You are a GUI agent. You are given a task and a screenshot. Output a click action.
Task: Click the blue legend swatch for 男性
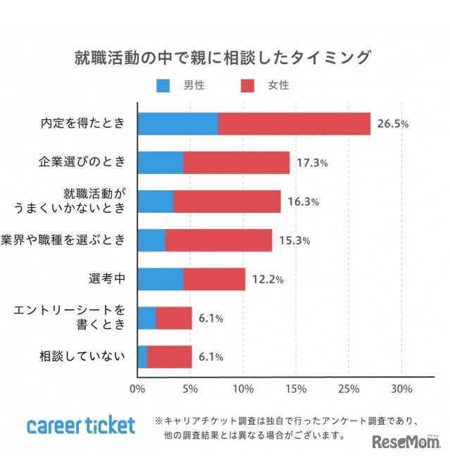(x=163, y=86)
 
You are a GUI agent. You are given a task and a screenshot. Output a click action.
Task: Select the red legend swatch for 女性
(x=247, y=86)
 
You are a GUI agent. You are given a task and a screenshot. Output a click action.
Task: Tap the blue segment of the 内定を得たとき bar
(x=177, y=124)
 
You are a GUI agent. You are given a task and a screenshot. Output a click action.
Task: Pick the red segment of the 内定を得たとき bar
(x=294, y=124)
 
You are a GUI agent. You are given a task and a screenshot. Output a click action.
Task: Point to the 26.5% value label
(x=393, y=124)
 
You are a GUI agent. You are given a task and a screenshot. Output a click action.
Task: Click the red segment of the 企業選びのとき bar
(x=237, y=163)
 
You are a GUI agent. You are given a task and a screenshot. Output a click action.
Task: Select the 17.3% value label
(x=312, y=163)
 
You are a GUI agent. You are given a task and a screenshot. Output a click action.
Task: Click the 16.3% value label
(x=303, y=202)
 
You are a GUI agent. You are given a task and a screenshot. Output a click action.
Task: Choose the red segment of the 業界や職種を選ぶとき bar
(x=218, y=240)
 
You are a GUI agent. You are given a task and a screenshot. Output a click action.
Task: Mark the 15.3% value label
(x=294, y=240)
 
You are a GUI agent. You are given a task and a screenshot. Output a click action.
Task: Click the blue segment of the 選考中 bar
(x=160, y=279)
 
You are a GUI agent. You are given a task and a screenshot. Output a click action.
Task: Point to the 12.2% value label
(x=268, y=279)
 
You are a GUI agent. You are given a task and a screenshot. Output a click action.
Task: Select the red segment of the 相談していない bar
(x=169, y=357)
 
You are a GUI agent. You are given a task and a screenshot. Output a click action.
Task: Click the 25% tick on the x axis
(x=349, y=389)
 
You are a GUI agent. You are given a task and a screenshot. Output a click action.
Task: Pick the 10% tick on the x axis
(x=243, y=389)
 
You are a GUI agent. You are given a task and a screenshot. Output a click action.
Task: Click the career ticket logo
(x=80, y=426)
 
